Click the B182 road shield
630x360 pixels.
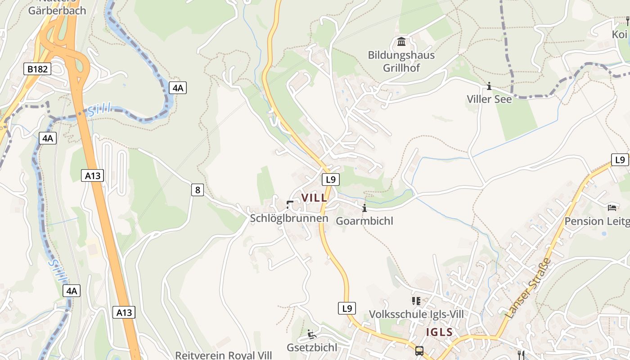coord(37,69)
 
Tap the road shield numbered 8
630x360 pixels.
coord(197,190)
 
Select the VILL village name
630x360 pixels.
coord(315,198)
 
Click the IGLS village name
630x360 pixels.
coord(440,333)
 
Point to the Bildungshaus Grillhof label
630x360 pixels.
coord(401,62)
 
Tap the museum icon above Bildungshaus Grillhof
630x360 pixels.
coord(401,42)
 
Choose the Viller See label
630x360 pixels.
coord(489,99)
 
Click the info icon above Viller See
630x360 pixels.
coord(489,86)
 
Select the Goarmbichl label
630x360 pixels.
coord(364,221)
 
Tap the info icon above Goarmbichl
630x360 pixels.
coord(364,208)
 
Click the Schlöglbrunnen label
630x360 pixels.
coord(289,219)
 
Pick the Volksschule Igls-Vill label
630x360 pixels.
coord(416,314)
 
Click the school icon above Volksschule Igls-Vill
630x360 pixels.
coord(416,301)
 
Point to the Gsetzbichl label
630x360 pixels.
coord(312,347)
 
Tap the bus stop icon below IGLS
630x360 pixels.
coord(419,351)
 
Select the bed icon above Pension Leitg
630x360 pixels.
coord(612,207)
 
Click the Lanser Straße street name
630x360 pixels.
coord(528,288)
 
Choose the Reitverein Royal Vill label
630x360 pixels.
coord(224,355)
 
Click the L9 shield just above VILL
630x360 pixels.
coord(331,180)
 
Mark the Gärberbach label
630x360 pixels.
coord(57,10)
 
